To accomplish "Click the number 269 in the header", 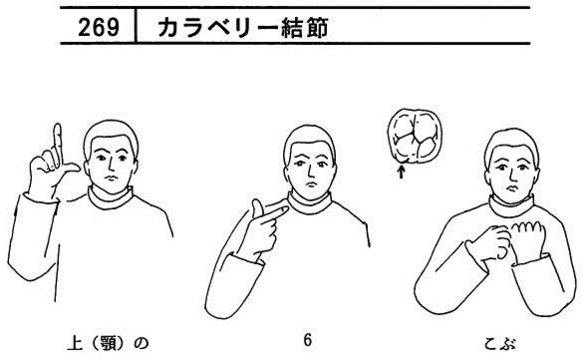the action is click(99, 27).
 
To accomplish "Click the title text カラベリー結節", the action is click(243, 28).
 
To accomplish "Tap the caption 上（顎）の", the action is click(108, 343).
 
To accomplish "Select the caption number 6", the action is click(307, 341).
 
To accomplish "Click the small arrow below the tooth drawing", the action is click(401, 173).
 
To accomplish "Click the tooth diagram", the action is click(415, 137).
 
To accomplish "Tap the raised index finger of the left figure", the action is click(57, 144).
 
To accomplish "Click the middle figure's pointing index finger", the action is click(275, 214).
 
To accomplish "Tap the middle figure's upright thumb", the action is click(257, 208).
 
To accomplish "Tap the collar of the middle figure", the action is click(309, 203).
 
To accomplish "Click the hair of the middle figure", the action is click(309, 140).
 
